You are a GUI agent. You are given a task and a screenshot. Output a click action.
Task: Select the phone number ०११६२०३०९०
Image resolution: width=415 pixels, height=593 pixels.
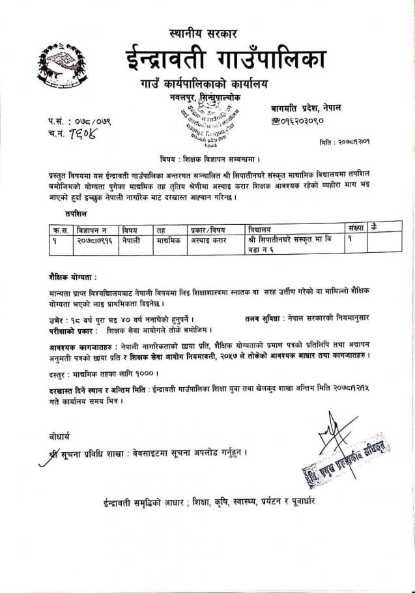click(x=306, y=121)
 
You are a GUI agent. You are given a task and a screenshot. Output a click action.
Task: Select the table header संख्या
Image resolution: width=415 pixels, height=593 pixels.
click(x=356, y=229)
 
